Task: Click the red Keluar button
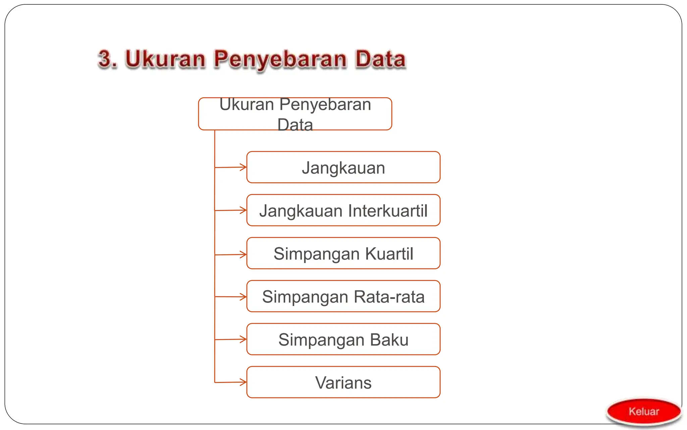(x=644, y=412)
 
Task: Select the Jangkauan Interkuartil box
(x=343, y=210)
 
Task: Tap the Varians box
(x=343, y=382)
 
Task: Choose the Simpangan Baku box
(x=343, y=339)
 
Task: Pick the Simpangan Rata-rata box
(x=343, y=296)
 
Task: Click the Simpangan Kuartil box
(x=343, y=253)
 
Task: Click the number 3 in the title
(x=107, y=59)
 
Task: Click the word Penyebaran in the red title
(x=280, y=59)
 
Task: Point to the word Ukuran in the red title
(x=165, y=59)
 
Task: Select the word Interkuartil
(x=388, y=211)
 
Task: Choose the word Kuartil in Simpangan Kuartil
(x=389, y=254)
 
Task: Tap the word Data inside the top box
(x=295, y=125)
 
